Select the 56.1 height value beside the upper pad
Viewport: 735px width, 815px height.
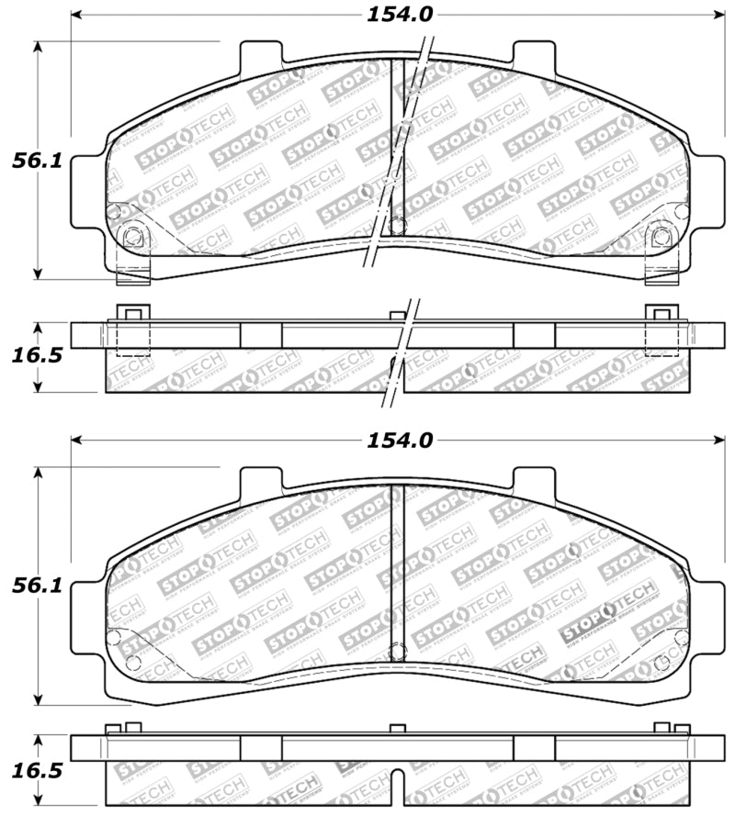click(37, 161)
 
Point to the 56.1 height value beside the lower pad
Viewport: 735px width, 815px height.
click(37, 586)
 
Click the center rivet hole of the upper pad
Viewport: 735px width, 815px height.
click(397, 224)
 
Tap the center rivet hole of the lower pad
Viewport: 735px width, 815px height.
click(397, 653)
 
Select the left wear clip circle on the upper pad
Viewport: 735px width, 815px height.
click(132, 238)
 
